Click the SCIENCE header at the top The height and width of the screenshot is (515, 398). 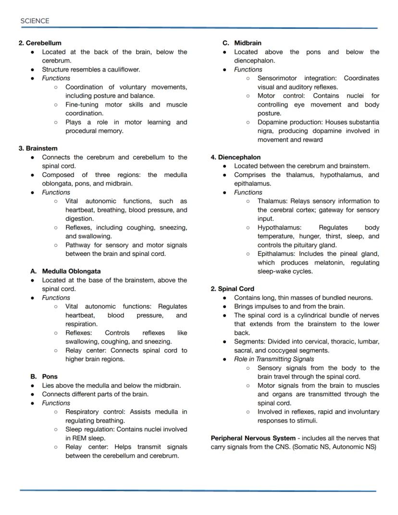tap(35, 21)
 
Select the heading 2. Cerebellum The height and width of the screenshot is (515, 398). tap(40, 43)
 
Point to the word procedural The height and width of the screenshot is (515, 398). tap(83, 131)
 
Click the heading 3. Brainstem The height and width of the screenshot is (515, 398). tap(38, 148)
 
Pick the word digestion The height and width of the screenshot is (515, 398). tap(80, 218)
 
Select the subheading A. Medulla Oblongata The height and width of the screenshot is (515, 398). tap(65, 271)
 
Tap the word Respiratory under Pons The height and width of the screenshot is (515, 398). tap(83, 412)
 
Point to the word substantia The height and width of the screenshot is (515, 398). tap(361, 122)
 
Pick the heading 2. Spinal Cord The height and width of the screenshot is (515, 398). tap(232, 289)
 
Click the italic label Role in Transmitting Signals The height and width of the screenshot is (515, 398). tap(274, 359)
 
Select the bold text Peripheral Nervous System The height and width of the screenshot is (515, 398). tap(253, 438)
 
